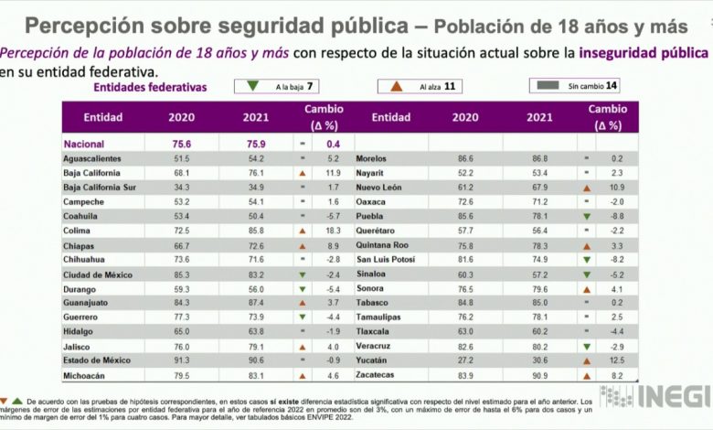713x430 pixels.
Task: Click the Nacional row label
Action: (x=84, y=144)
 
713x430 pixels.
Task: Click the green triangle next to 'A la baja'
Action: (x=251, y=87)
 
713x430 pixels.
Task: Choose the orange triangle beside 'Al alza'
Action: (x=397, y=87)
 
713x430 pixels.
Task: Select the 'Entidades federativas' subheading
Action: (x=151, y=88)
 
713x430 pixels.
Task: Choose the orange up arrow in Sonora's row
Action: (x=584, y=289)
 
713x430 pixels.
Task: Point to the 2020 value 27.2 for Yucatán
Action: (x=465, y=361)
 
